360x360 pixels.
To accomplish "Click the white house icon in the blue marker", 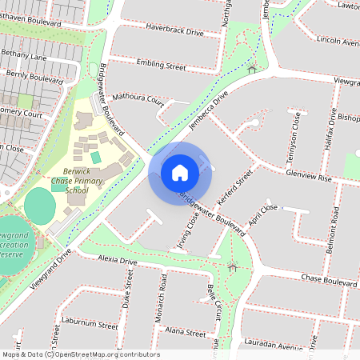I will pos(180,172).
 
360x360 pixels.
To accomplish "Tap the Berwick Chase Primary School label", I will pos(78,182).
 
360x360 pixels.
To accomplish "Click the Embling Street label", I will pos(162,62).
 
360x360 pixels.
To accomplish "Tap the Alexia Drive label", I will pos(118,261).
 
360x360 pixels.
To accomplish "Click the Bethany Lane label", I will pos(24,56).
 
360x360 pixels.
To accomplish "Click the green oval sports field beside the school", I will pos(40,206).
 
